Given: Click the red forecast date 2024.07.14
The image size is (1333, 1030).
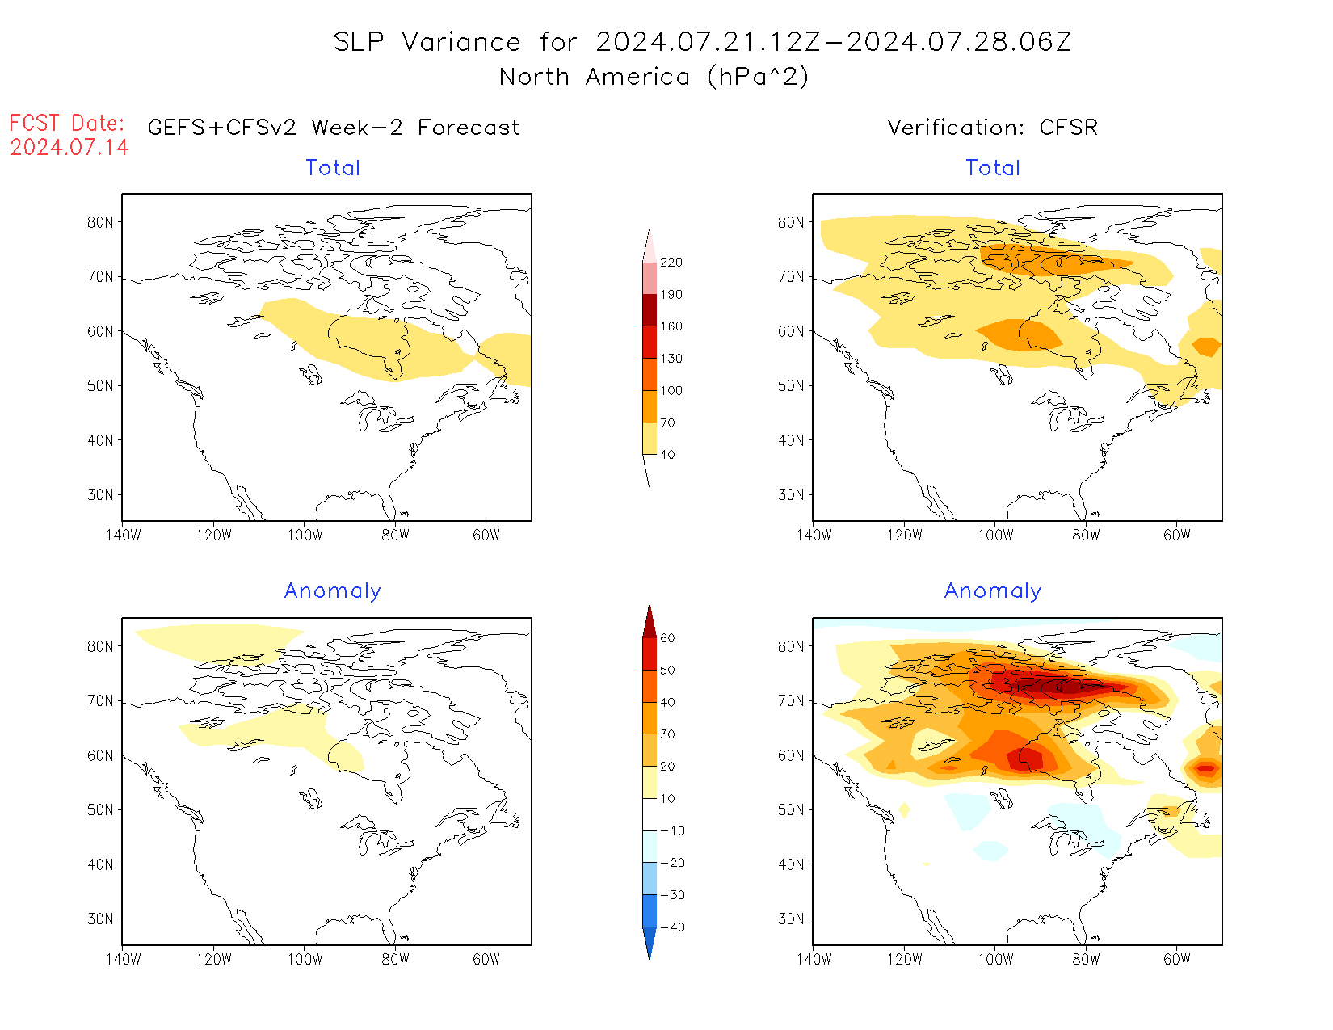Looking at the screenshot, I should click(69, 147).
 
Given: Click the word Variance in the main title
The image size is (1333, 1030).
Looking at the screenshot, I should click(461, 42).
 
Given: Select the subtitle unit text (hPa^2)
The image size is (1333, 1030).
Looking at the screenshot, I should click(757, 77).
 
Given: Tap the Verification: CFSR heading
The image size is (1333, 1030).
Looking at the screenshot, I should click(992, 127).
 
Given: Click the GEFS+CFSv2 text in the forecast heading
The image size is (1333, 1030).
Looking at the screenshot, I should click(222, 127).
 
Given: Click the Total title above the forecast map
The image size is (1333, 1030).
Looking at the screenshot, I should click(333, 168).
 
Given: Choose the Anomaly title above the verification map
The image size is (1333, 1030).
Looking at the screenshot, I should click(993, 591).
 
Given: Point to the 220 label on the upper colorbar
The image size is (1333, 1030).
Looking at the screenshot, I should click(671, 263).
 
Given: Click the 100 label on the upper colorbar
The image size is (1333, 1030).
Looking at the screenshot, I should click(671, 390).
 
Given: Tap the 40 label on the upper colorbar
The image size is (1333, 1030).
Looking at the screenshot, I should click(667, 454).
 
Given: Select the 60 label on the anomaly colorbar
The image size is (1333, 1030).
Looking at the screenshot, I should click(667, 638).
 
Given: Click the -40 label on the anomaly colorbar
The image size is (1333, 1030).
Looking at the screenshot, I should click(672, 927).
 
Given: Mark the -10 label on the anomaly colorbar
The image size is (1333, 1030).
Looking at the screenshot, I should click(672, 830).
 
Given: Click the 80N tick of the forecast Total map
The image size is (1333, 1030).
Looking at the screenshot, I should click(100, 222).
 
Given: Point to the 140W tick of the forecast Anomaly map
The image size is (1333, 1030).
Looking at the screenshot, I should click(123, 959).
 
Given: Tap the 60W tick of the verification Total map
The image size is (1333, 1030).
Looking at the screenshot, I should click(1177, 535).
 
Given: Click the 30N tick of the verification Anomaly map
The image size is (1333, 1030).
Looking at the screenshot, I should click(791, 919).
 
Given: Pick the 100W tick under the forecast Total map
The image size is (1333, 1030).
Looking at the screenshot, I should click(305, 535).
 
